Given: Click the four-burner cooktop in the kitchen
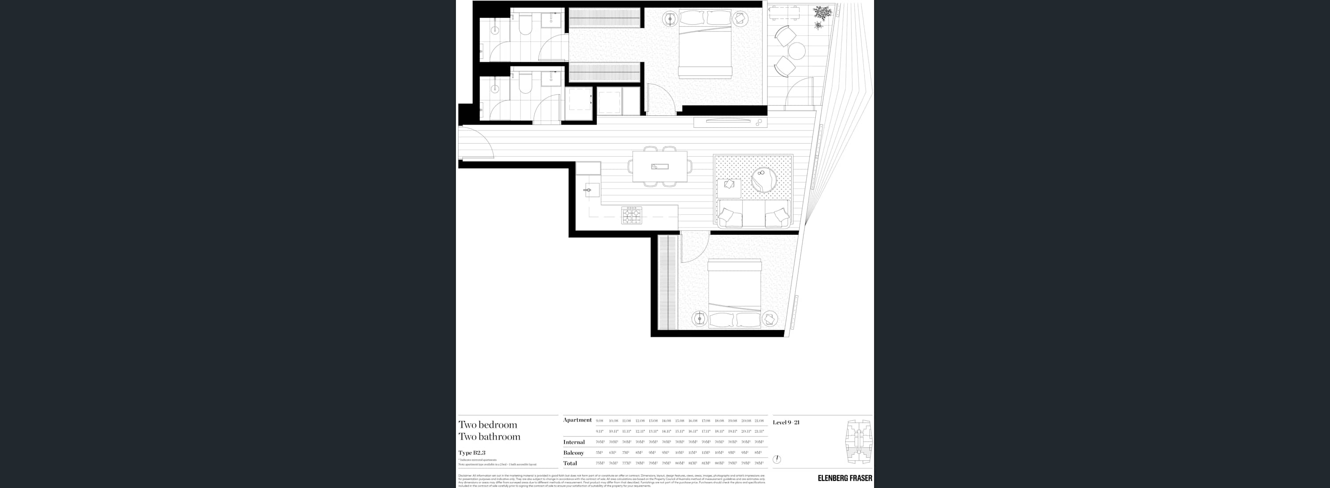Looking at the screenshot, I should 631,215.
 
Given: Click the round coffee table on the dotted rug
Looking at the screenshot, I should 763,180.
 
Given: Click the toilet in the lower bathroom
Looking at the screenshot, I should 526,83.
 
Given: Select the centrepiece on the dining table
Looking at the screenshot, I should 660,166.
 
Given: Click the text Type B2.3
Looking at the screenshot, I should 472,453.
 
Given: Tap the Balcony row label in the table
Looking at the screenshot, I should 573,453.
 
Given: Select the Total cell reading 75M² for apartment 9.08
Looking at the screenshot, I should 599,463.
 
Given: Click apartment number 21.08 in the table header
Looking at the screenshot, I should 759,421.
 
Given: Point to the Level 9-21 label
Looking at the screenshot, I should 786,422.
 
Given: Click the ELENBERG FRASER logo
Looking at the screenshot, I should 845,478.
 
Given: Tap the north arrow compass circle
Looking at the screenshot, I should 777,459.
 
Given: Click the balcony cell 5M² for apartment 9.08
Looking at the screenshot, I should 599,453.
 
